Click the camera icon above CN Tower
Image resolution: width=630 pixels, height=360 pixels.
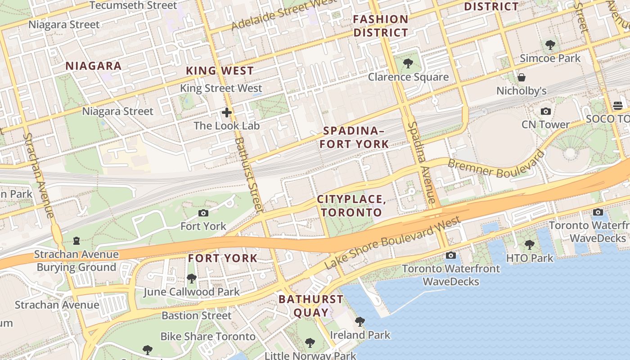pos(545,111)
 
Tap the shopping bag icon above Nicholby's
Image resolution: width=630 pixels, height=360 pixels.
pos(522,77)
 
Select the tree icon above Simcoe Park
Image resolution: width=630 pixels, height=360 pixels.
pos(550,45)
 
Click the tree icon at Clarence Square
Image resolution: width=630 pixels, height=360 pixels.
pos(408,63)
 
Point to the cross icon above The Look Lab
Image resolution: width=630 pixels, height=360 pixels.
pos(227,112)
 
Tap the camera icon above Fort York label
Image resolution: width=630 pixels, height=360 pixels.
pos(203,213)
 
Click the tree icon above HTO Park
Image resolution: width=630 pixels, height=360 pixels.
pos(529,245)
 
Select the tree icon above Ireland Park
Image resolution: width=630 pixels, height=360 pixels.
pos(360,321)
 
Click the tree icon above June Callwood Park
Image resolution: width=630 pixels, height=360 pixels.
pos(191,279)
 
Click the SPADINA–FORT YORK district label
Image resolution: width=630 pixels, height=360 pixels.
pos(356,137)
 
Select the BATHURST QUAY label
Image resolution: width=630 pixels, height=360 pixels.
pos(310,306)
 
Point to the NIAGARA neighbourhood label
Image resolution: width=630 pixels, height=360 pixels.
pos(94,66)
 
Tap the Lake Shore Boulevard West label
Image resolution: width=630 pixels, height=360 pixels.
pos(392,243)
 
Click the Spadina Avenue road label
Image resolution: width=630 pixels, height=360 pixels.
pos(423,162)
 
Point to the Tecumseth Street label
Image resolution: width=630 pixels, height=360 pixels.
pos(133,5)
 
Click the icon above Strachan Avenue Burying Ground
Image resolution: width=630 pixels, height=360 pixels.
pos(76,241)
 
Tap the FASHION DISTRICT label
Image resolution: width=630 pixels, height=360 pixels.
pos(381,26)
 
